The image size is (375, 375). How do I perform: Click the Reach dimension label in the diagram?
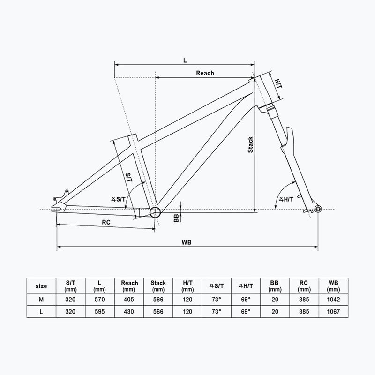click(x=205, y=73)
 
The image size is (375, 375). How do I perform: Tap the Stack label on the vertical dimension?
click(x=251, y=144)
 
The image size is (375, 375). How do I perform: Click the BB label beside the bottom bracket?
click(x=176, y=217)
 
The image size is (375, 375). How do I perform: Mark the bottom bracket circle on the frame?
click(x=155, y=212)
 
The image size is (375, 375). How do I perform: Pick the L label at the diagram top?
click(x=185, y=60)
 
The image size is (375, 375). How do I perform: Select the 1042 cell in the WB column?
click(x=333, y=299)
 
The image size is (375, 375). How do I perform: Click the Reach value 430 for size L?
click(x=129, y=311)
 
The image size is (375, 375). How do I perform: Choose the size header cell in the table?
click(x=41, y=286)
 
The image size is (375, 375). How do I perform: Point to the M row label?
click(x=41, y=299)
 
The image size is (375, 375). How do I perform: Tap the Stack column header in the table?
click(x=158, y=286)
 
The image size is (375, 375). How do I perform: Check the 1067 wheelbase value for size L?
click(x=333, y=311)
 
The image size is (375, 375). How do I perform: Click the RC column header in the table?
click(x=304, y=286)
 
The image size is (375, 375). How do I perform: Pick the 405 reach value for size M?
click(x=129, y=299)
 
